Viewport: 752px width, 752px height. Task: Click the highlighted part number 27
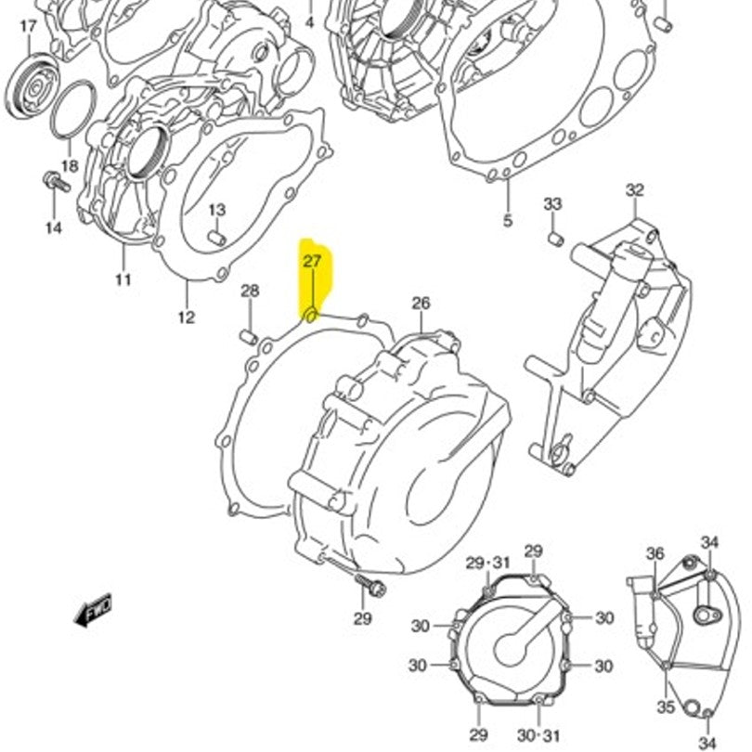point(312,262)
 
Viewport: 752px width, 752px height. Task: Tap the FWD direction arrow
point(95,610)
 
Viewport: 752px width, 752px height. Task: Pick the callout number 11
point(123,279)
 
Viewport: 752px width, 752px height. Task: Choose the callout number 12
point(186,317)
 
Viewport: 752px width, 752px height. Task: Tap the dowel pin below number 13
point(217,239)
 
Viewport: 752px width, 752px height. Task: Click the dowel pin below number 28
point(249,335)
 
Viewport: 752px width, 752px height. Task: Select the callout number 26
point(421,304)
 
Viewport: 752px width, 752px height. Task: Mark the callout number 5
point(508,221)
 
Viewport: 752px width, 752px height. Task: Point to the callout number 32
point(634,190)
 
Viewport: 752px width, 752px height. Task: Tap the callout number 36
point(655,554)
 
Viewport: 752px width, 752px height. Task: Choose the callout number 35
point(666,707)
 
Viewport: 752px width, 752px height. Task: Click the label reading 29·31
point(488,563)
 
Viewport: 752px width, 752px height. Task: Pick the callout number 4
point(310,21)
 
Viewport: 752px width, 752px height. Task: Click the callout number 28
point(250,292)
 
